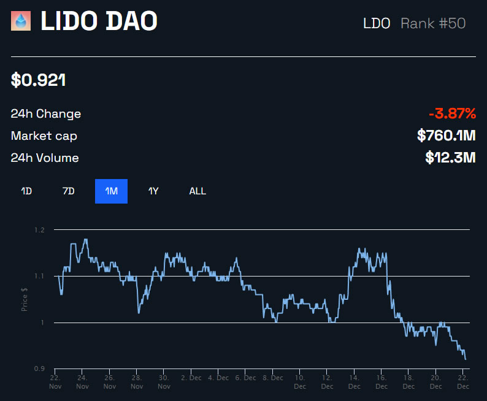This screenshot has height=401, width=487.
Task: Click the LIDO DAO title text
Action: [x=99, y=21]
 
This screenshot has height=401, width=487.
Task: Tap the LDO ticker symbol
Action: [x=377, y=23]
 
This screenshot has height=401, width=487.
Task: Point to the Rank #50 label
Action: [x=433, y=23]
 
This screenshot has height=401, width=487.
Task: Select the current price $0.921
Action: [x=39, y=80]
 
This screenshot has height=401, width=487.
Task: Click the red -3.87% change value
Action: [x=452, y=113]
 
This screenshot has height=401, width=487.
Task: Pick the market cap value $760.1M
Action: [x=446, y=136]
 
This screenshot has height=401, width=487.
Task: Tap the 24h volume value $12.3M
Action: [x=450, y=158]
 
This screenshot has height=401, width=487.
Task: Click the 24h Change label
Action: [x=45, y=114]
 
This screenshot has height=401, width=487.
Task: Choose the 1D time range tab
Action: [x=26, y=191]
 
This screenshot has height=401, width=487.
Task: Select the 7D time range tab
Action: [x=69, y=191]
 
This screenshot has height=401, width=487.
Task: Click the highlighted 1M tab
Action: [x=111, y=191]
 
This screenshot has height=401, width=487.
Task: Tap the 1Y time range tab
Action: [x=153, y=191]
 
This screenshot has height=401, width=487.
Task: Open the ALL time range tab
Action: [x=197, y=191]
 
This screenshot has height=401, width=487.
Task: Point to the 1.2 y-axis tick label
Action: [x=40, y=230]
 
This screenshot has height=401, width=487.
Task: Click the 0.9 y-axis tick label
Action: [x=40, y=369]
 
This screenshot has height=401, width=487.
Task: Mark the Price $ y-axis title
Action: [x=25, y=299]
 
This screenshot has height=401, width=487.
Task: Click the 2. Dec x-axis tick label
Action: [x=191, y=378]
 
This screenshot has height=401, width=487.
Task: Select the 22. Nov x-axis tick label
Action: [x=55, y=382]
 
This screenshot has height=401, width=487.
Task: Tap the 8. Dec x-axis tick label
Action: [x=273, y=378]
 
